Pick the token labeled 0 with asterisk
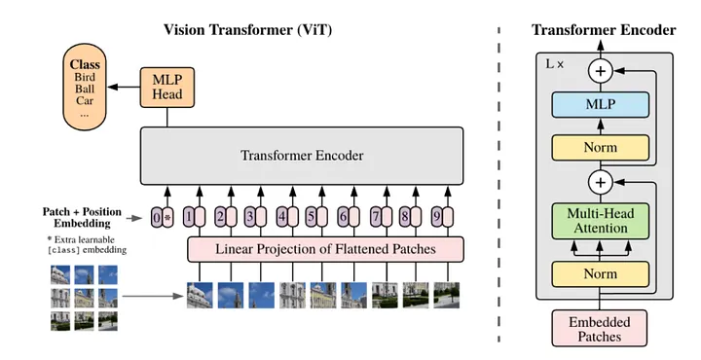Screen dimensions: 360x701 coord(162,215)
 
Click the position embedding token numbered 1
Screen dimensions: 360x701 coord(194,215)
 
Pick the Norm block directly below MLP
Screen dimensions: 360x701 coord(600,147)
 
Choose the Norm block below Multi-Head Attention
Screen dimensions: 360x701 coord(600,273)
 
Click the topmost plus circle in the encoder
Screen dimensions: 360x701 coord(601,71)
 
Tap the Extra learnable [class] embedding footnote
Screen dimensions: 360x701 coord(91,244)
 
